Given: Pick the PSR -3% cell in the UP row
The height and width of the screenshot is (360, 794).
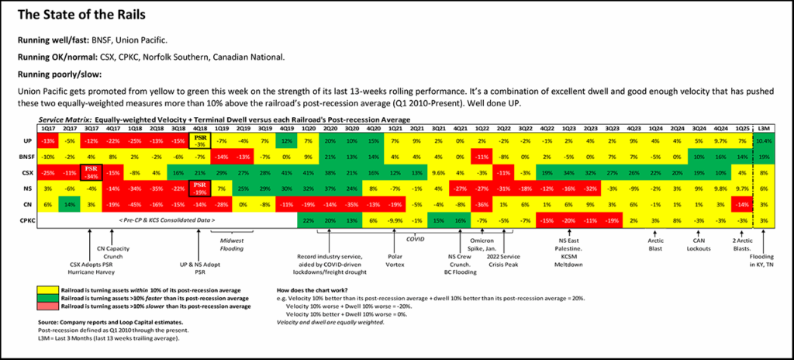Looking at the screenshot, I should coord(199,140).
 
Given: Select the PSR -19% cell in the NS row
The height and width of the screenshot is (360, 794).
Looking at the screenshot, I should coord(199,188).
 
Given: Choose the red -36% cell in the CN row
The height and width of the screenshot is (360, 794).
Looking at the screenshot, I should coord(482,204).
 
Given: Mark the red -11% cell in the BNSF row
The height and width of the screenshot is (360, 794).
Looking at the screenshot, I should coord(482,156).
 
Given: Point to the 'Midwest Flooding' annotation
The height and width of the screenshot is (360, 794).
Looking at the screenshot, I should coord(232,246).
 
